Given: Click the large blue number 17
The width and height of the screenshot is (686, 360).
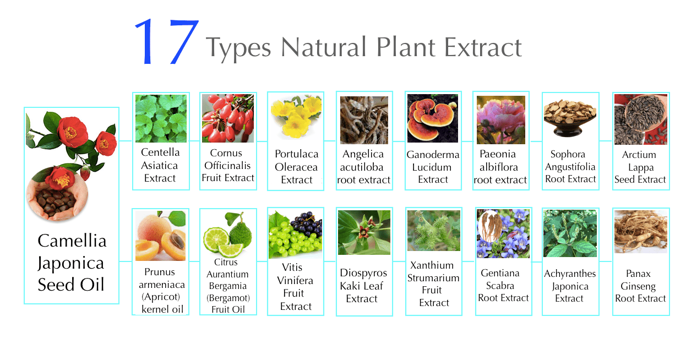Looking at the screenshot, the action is (x=167, y=41).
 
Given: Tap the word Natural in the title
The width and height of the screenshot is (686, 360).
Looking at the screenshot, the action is (x=323, y=47).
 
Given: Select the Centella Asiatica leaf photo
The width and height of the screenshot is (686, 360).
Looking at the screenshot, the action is (x=161, y=118).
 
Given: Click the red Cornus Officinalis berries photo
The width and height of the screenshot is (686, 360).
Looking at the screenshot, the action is (x=228, y=118).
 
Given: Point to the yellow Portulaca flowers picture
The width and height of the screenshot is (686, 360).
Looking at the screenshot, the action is (x=296, y=116).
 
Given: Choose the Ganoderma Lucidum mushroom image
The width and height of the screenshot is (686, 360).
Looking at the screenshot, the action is (x=433, y=118).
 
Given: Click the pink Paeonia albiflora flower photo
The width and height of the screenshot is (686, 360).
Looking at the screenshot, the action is (x=500, y=119).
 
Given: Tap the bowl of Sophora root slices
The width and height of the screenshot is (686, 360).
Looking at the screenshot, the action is (x=570, y=118).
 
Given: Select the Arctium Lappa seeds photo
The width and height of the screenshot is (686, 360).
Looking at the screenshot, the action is (x=641, y=119).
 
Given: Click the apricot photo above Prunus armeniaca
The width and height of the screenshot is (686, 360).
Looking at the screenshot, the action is (x=160, y=236).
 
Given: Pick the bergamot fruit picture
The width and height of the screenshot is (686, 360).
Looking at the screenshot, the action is (x=228, y=234).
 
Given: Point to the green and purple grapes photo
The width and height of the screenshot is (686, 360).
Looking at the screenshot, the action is (x=295, y=234).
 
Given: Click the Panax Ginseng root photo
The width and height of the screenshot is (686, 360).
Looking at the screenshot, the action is (x=641, y=232).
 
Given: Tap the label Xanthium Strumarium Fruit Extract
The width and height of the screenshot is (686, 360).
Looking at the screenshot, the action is (x=433, y=284).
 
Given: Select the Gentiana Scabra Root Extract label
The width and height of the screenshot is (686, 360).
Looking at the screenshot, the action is (x=503, y=285).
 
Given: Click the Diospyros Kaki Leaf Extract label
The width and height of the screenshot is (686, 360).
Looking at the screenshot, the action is (x=363, y=286).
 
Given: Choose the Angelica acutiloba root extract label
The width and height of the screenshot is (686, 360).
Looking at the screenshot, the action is (x=363, y=167).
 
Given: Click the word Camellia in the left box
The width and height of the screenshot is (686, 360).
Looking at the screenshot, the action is (x=72, y=241).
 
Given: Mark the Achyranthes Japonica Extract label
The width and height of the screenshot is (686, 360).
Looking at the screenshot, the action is (x=570, y=286).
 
